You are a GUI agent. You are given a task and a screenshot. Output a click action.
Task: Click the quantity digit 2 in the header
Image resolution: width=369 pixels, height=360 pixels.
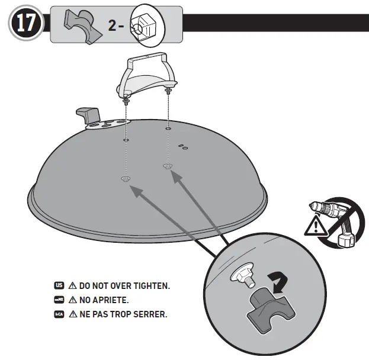coord(113,26)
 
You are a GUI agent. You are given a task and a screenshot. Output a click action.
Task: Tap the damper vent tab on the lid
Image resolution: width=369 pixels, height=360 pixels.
coord(89,112)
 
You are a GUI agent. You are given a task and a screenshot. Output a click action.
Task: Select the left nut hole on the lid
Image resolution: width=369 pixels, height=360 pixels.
coord(125,178)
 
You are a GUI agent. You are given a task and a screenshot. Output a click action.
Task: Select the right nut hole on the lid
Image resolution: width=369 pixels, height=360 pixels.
coord(168,166)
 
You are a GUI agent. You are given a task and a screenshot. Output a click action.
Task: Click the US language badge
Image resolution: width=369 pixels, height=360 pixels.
coord(59,285)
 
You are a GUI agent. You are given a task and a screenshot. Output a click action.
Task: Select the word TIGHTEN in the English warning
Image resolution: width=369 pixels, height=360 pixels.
coord(150,286)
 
